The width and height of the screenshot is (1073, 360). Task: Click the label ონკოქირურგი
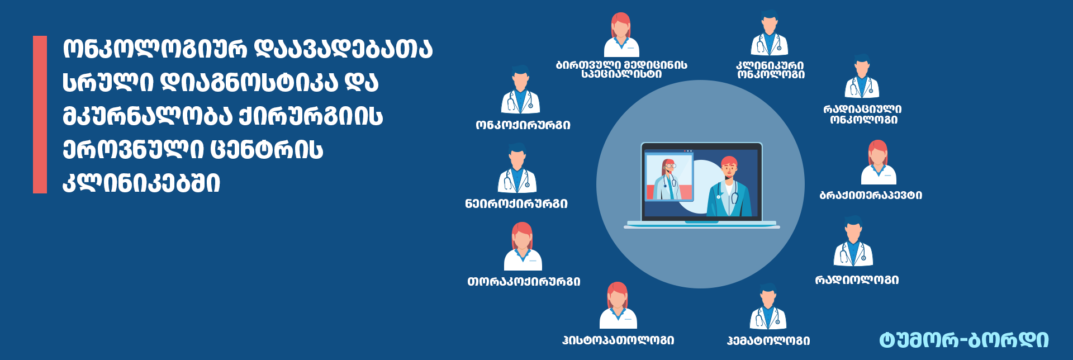point(523,125)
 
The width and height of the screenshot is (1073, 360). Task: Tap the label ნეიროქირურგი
point(516,203)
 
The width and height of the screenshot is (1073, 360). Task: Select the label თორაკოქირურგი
point(524,282)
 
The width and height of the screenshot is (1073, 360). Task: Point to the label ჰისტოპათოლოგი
point(618,340)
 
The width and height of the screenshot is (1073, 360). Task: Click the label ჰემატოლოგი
point(768,340)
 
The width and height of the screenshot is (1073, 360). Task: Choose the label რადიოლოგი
point(857,280)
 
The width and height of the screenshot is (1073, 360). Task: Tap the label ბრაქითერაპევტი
point(871,195)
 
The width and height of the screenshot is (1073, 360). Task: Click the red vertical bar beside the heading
point(40,115)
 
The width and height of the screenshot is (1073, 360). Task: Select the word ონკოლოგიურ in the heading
point(154,49)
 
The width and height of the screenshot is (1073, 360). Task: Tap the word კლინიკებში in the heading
point(141,182)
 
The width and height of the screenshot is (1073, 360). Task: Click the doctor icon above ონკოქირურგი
point(520,89)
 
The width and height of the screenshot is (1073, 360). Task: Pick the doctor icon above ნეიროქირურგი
point(517,168)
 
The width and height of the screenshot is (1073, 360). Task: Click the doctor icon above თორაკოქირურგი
point(523,246)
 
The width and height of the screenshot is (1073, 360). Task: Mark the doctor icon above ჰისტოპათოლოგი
point(618,305)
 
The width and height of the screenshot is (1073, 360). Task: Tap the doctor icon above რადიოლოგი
point(853,241)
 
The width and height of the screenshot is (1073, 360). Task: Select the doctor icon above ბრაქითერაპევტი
point(878,162)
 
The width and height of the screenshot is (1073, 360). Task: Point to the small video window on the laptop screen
point(669,177)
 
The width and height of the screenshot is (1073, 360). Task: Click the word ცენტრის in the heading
point(267,149)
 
